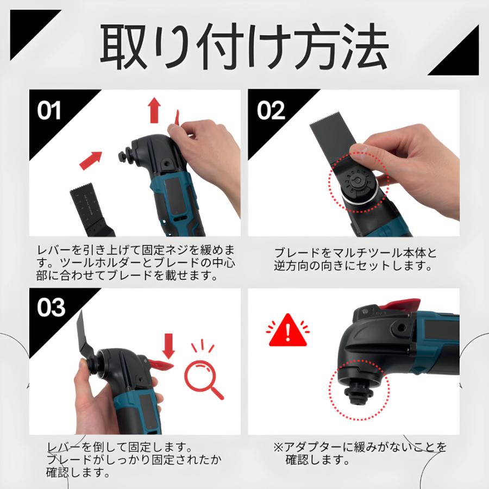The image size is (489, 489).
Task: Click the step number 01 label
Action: coord(50,111)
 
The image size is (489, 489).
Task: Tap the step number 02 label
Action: coord(271,111)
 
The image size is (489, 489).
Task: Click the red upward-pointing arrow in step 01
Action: coord(155,111)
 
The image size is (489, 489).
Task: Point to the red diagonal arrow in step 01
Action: coord(91,160)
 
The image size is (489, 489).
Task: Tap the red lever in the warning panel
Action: coord(401,304)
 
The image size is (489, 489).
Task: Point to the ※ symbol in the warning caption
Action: coord(278,448)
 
